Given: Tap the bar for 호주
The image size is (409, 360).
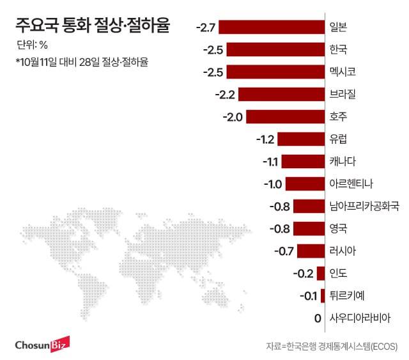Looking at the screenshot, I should tap(285, 117).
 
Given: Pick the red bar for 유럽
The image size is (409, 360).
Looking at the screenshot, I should tap(302, 139).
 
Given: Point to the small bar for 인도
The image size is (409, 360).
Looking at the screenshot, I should tap(321, 273).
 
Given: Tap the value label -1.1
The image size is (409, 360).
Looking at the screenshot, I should tap(270, 162).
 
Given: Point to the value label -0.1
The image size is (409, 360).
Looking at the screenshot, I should tap(308, 295).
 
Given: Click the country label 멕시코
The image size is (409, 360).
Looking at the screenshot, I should tap(343, 72).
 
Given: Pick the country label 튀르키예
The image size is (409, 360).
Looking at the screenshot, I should tap(347, 295).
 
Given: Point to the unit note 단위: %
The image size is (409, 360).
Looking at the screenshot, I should tap(33, 45).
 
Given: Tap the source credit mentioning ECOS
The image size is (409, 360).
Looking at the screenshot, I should tap(332, 346).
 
